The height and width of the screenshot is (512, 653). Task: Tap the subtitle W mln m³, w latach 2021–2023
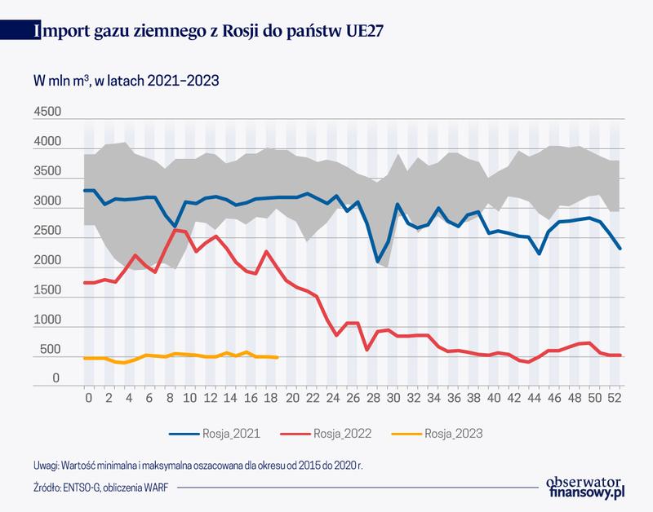pyautogui.click(x=126, y=82)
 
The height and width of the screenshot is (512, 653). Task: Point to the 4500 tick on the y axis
pyautogui.click(x=48, y=113)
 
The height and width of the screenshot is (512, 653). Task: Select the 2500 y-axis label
pyautogui.click(x=48, y=232)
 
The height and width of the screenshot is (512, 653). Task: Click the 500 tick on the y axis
pyautogui.click(x=51, y=350)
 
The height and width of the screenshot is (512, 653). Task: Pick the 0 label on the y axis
pyautogui.click(x=57, y=379)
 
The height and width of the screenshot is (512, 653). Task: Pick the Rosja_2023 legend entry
pyautogui.click(x=446, y=434)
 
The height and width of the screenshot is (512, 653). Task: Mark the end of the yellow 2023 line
pyautogui.click(x=278, y=357)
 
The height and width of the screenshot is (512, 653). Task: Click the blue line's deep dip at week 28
pyautogui.click(x=377, y=262)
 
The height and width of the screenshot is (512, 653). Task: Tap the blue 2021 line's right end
pyautogui.click(x=620, y=249)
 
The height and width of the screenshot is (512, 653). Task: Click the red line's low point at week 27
pyautogui.click(x=366, y=350)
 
